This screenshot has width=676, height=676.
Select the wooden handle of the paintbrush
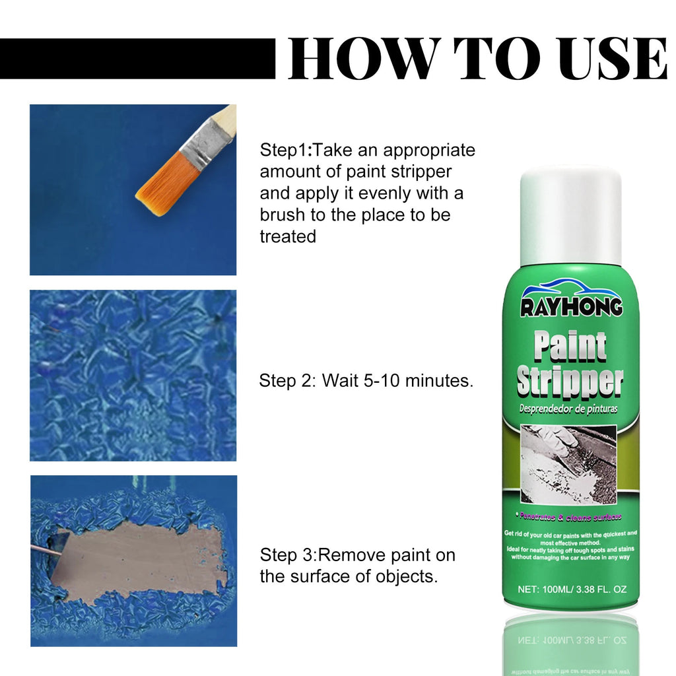[224, 121]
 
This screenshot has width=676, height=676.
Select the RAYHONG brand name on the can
[571, 308]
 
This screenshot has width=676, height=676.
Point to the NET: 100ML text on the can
[546, 589]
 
